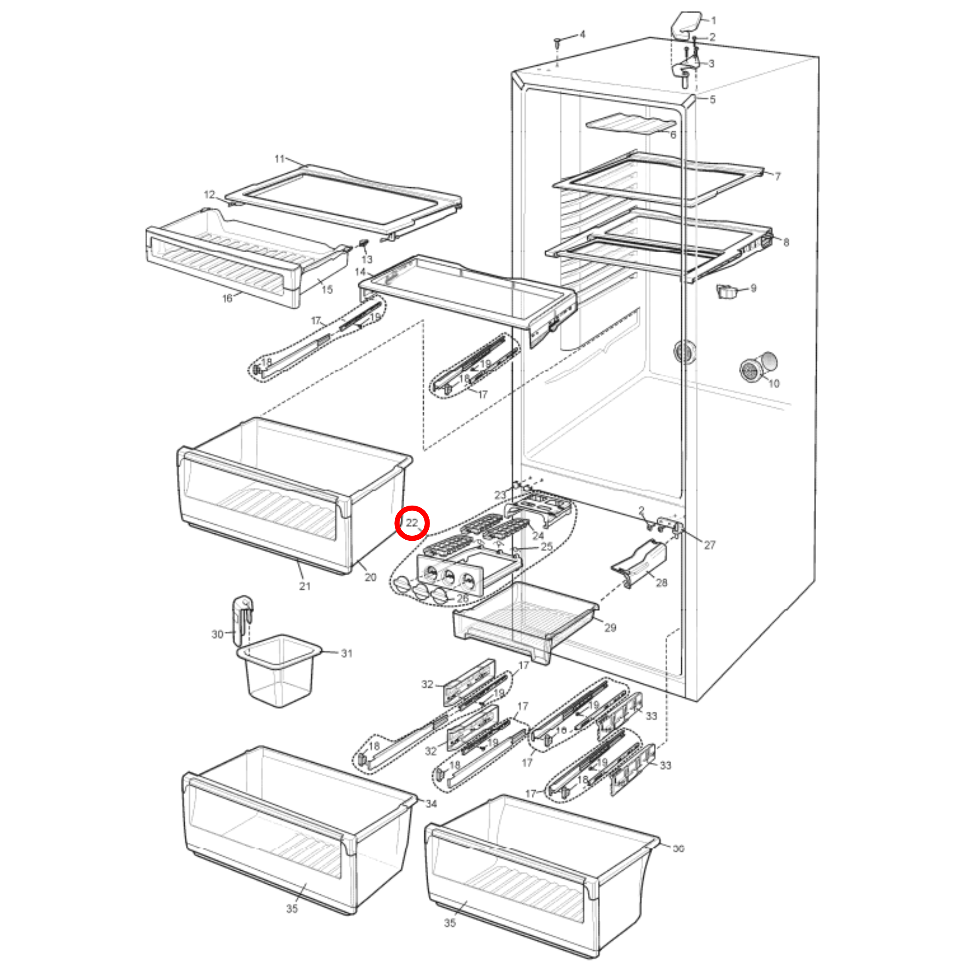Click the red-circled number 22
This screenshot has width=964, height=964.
pos(412,523)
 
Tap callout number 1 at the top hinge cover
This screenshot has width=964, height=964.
pos(713,20)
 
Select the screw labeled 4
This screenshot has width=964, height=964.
pos(558,43)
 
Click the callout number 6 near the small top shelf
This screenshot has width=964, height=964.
pos(673,135)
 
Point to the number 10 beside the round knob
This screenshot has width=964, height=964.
pos(773,383)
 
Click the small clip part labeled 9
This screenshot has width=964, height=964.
pos(727,291)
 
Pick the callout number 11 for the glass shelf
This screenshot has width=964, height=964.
pos(279,159)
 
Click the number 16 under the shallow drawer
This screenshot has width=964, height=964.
pos(227,298)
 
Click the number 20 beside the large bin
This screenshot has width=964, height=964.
pos(370,577)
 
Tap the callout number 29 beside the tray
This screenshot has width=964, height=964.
pos(610,627)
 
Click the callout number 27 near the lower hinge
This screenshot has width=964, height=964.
pos(709,545)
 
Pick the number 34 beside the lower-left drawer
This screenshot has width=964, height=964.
pos(431,803)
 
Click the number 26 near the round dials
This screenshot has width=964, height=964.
pos(462,598)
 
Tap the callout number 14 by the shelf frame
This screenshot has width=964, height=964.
pos(360,272)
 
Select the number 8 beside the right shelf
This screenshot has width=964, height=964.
pos(786,243)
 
